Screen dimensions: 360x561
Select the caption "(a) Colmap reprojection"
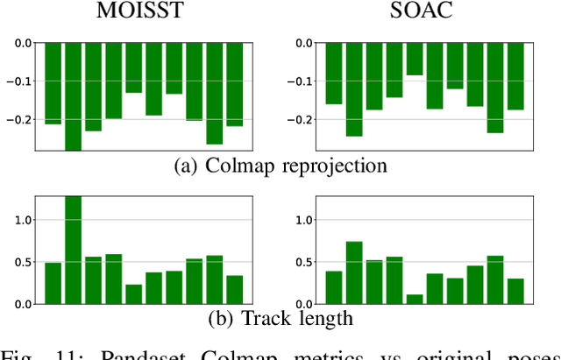[x=280, y=166]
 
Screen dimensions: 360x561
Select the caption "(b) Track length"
[x=280, y=317]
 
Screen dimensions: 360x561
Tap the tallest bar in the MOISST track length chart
[x=73, y=251]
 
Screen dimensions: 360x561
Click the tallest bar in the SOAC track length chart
[x=354, y=272]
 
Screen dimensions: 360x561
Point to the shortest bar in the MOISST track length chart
[x=133, y=293]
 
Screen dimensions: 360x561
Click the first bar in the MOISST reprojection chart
[x=53, y=83]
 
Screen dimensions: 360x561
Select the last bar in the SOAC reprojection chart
[x=515, y=76]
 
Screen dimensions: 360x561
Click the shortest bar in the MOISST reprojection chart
[x=133, y=67]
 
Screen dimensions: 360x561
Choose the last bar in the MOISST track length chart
[x=234, y=289]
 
